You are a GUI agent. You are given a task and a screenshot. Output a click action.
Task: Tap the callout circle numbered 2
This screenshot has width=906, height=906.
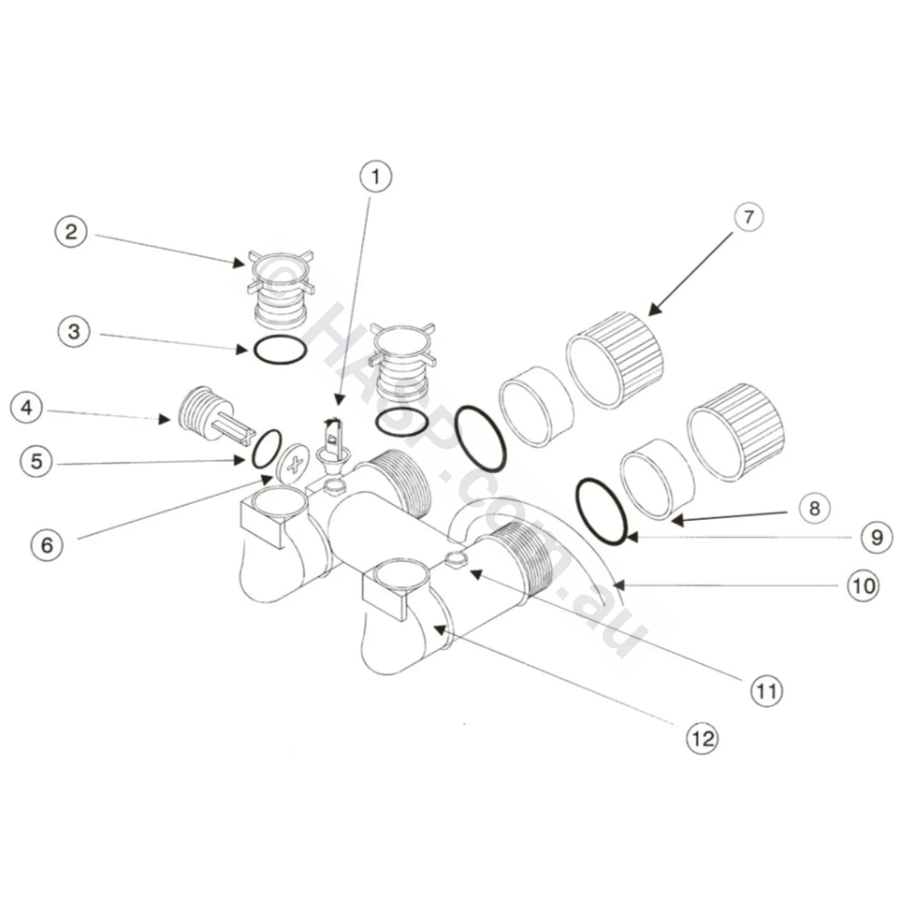click(71, 233)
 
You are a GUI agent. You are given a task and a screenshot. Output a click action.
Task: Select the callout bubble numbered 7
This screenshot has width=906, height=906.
click(748, 217)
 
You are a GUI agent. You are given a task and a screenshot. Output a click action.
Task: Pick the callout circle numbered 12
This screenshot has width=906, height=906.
click(703, 738)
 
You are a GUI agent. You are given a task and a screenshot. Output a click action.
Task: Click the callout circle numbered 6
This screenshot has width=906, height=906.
click(47, 545)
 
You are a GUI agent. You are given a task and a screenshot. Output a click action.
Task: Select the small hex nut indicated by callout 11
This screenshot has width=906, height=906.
click(455, 559)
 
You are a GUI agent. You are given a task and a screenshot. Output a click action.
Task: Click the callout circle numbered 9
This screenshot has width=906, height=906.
click(877, 537)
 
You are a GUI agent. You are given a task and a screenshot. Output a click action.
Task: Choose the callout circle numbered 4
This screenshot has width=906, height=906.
click(27, 408)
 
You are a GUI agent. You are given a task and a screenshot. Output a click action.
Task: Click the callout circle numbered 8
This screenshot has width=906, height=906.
click(814, 508)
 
